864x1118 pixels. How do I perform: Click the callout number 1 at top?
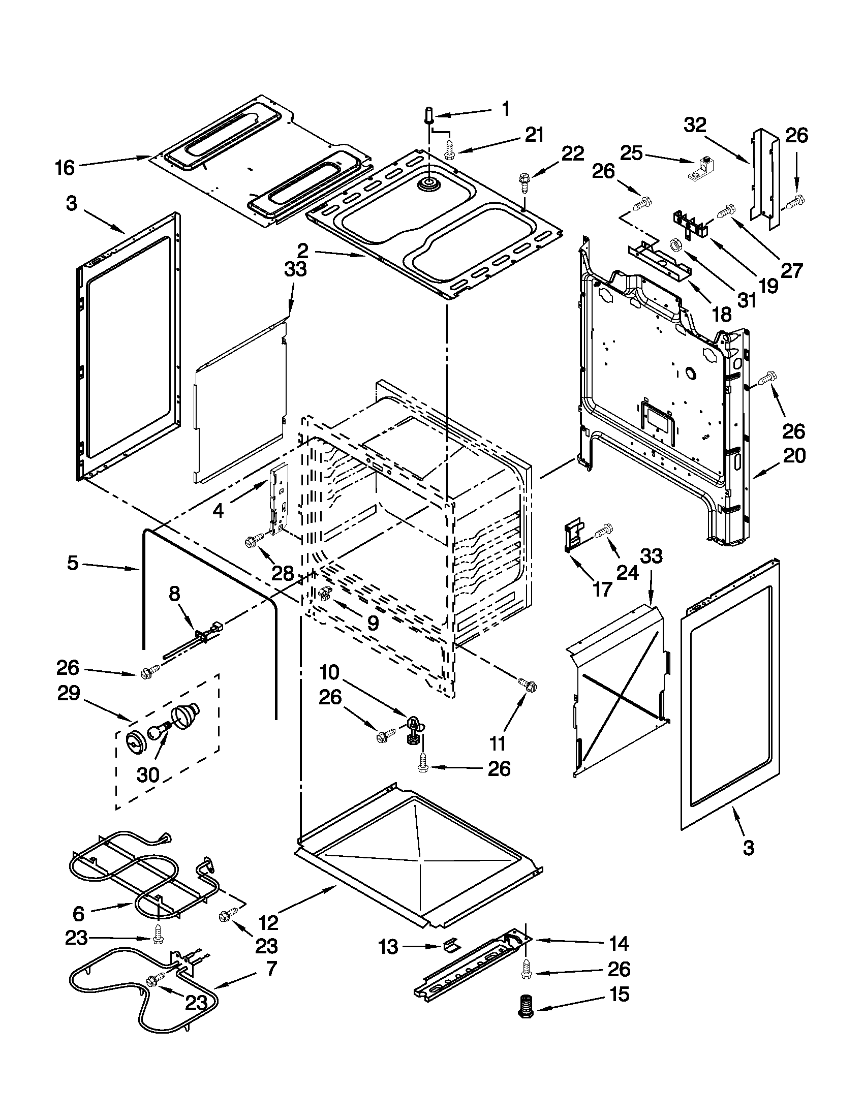(505, 109)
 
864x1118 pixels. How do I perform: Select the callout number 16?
(65, 167)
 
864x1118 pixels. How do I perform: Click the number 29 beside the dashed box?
(69, 694)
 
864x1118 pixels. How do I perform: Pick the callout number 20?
(794, 455)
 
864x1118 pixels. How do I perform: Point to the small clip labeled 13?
(450, 945)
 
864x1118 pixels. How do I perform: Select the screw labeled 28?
(255, 540)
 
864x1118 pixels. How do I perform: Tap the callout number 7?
(271, 968)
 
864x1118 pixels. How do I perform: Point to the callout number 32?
(695, 125)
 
